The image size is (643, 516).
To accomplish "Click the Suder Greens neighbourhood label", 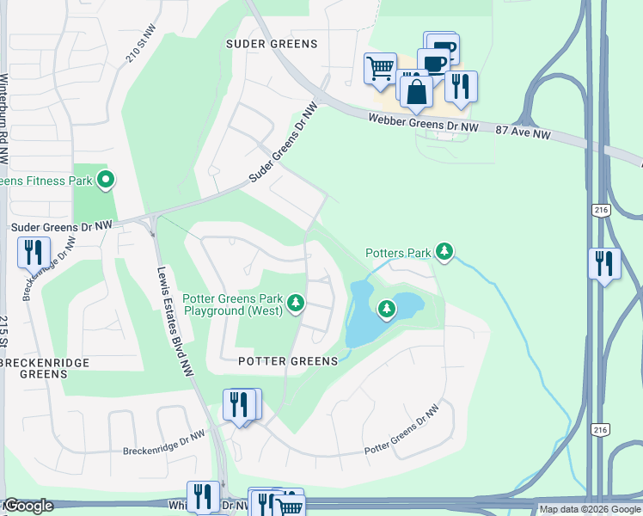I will (272, 44).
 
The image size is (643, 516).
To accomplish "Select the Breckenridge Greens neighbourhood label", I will (44, 369).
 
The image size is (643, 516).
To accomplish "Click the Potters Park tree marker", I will (444, 251).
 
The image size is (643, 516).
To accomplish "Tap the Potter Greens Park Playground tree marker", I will (296, 302).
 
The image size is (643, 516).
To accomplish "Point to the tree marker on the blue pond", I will (387, 308).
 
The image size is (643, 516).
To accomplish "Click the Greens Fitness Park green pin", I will (107, 181).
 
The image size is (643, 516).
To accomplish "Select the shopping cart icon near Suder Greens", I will (379, 67).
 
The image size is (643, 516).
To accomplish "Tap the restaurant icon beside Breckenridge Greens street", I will (34, 252).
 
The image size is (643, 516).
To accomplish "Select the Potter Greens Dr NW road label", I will (395, 437).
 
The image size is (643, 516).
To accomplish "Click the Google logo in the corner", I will (28, 506).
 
